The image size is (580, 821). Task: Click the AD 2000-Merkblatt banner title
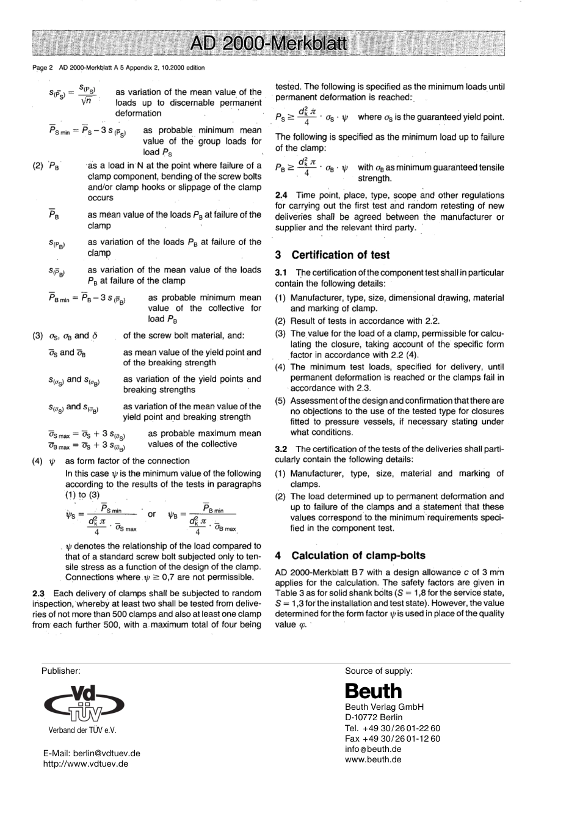(268, 44)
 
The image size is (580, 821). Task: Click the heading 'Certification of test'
(340, 255)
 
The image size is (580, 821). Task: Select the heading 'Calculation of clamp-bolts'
(358, 555)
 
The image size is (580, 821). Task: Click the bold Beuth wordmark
(373, 691)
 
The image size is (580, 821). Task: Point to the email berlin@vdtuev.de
(92, 753)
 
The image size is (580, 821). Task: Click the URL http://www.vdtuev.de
(85, 764)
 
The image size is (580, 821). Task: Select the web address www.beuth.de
(373, 759)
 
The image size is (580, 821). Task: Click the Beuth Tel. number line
(392, 728)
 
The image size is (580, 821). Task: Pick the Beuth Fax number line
(392, 739)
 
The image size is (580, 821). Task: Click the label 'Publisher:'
(60, 670)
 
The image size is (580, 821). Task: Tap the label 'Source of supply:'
(379, 670)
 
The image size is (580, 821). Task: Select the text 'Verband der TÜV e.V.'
(82, 730)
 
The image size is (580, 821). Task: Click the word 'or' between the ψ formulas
(152, 514)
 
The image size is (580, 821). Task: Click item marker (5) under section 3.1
(280, 401)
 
